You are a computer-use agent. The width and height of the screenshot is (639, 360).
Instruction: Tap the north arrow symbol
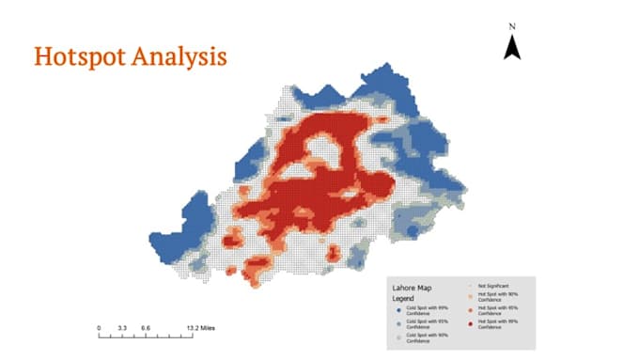tap(512, 47)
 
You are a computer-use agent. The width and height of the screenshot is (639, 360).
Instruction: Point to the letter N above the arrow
tap(512, 26)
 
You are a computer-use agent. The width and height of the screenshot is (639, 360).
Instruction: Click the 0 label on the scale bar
tap(99, 328)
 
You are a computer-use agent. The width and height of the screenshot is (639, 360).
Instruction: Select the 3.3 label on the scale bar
tap(121, 328)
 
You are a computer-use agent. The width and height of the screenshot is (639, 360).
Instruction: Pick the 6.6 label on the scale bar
tap(146, 328)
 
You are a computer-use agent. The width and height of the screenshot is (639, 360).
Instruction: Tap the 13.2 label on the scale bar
tap(192, 328)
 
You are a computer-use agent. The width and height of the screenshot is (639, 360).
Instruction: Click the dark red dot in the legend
tap(470, 324)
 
